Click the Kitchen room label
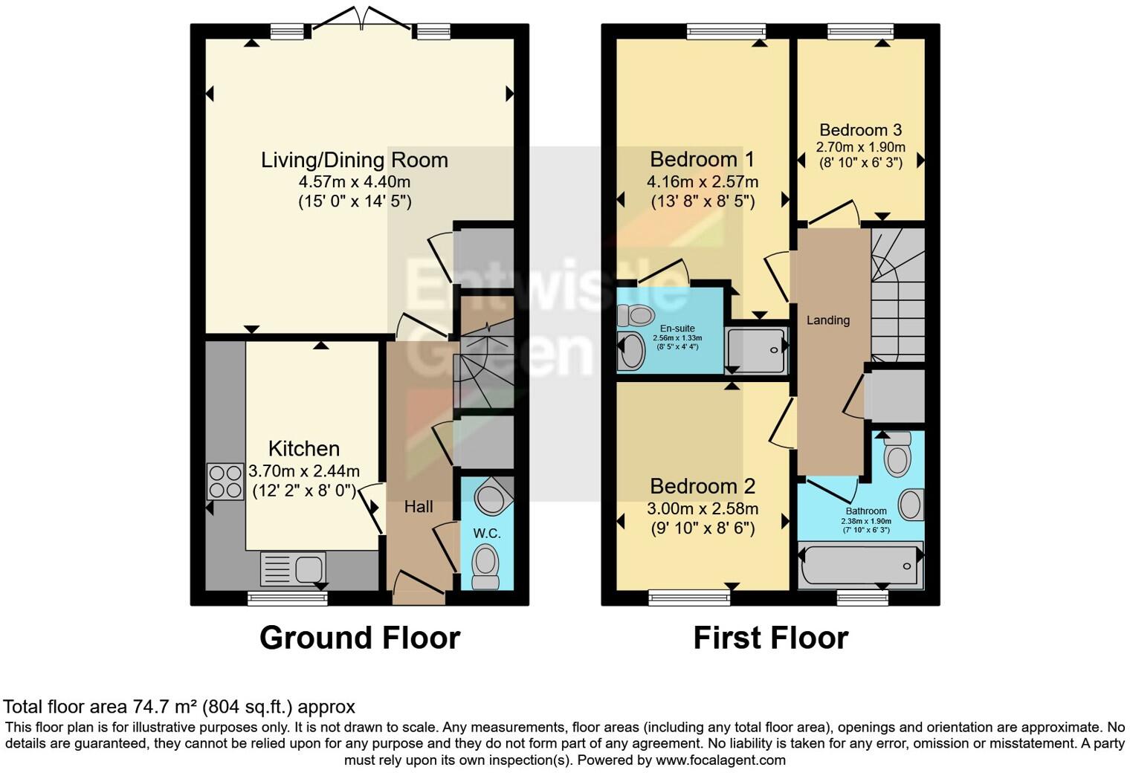(303, 448)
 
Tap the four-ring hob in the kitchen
(225, 482)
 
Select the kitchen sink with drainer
(293, 569)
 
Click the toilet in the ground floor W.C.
(485, 568)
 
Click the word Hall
(419, 506)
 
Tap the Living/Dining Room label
(354, 160)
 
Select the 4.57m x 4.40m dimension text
(354, 181)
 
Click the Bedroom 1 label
(702, 159)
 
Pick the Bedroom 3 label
(861, 129)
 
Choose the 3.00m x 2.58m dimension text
(703, 508)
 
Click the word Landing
(828, 320)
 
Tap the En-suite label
(677, 329)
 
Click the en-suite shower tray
(756, 350)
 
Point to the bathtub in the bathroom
(861, 565)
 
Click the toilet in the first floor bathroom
(897, 454)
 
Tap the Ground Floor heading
(360, 638)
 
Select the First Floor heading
(771, 638)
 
